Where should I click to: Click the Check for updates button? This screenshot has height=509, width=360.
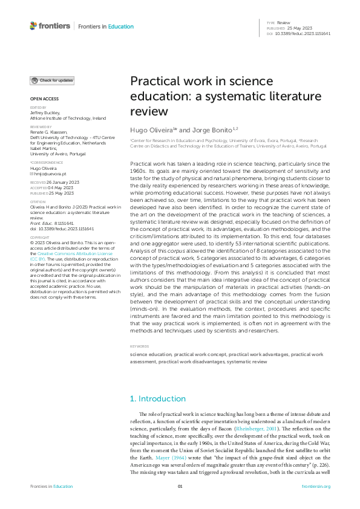53,80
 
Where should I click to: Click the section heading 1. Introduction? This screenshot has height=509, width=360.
158,399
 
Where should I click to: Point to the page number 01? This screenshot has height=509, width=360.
180,487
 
